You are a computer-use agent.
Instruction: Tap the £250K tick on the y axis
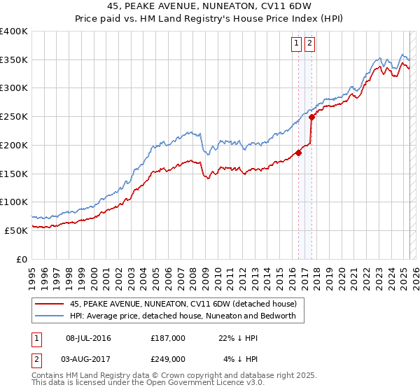point(14,116)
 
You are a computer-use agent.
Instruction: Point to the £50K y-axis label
point(16,230)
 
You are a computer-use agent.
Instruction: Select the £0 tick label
point(23,259)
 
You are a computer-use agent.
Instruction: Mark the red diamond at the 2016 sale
point(298,153)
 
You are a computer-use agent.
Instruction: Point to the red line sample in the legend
point(50,304)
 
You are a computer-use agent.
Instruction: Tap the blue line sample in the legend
point(50,316)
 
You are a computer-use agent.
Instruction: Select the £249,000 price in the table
point(168,358)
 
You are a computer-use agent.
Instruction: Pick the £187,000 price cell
point(168,338)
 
